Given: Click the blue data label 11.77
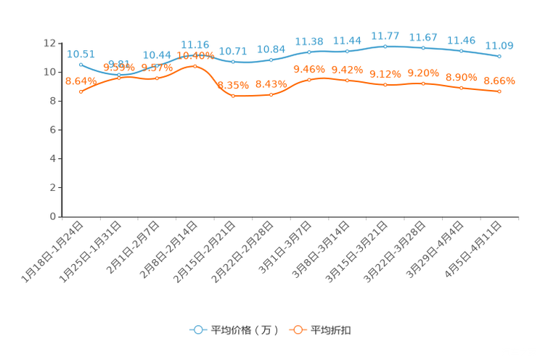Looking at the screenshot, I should pyautogui.click(x=385, y=35).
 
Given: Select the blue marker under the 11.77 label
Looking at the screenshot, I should pyautogui.click(x=385, y=46).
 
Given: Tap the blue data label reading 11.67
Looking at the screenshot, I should pyautogui.click(x=423, y=37).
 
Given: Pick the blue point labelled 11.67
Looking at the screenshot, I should pyautogui.click(x=423, y=48).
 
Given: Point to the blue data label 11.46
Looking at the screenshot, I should pyautogui.click(x=462, y=40).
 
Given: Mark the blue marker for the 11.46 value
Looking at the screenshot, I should pyautogui.click(x=462, y=51).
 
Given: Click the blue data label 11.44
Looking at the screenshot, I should pyautogui.click(x=348, y=41).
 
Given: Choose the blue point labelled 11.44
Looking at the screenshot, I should pyautogui.click(x=348, y=52).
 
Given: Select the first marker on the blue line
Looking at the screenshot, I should pyautogui.click(x=81, y=65).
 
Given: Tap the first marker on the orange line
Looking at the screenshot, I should pyautogui.click(x=81, y=91).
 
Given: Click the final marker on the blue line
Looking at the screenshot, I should pyautogui.click(x=499, y=56).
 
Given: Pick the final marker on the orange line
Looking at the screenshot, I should pyautogui.click(x=499, y=91).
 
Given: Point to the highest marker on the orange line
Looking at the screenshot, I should pyautogui.click(x=195, y=66).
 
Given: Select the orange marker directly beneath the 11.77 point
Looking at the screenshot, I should pyautogui.click(x=385, y=84).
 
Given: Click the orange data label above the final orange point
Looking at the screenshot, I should pyautogui.click(x=499, y=81).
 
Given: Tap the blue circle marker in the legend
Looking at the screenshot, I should pyautogui.click(x=197, y=330).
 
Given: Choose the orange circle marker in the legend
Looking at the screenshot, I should pyautogui.click(x=297, y=330).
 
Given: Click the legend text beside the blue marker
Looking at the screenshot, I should pyautogui.click(x=244, y=330).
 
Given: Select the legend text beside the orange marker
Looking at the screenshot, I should pyautogui.click(x=331, y=330).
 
